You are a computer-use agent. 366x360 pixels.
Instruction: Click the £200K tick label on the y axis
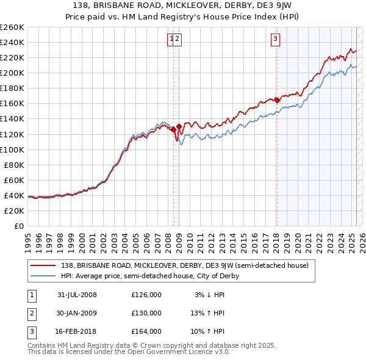pos(12,73)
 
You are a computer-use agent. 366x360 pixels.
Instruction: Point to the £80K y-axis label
pos(14,165)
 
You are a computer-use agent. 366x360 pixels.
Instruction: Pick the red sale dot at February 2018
pos(277,100)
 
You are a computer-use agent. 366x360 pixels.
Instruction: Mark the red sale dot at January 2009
pos(179,126)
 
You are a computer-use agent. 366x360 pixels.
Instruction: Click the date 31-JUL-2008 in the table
pos(77,295)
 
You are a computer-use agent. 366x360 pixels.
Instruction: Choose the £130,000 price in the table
pos(146,313)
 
